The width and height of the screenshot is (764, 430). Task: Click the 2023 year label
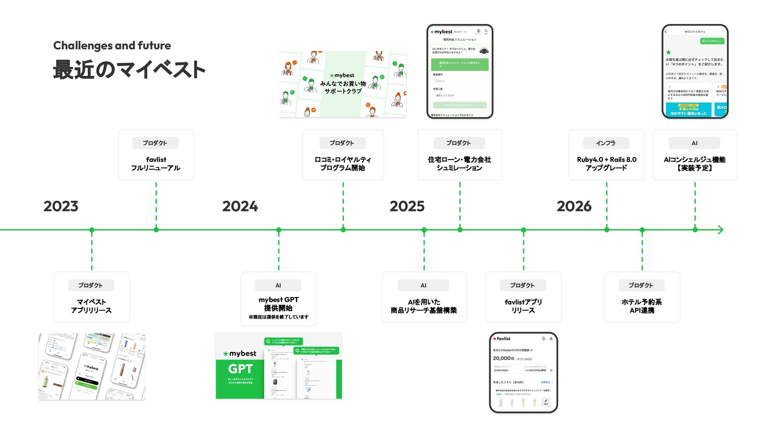(61, 206)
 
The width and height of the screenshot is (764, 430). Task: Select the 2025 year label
(407, 206)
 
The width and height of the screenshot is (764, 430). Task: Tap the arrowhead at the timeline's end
(720, 230)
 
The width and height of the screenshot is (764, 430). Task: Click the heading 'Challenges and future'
(112, 45)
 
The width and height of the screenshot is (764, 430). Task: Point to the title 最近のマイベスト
(129, 70)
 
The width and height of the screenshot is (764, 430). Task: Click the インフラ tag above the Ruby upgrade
(606, 143)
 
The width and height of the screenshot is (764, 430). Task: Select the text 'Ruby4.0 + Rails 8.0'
(606, 159)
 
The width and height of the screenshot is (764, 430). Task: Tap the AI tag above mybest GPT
(278, 285)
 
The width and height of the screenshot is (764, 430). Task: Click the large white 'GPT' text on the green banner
(240, 369)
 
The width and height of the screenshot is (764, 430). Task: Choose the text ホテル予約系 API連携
(641, 306)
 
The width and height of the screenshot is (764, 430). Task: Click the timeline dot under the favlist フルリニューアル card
(156, 230)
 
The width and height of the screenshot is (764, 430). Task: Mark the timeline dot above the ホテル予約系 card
(642, 230)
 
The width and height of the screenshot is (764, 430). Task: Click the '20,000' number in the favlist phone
(501, 358)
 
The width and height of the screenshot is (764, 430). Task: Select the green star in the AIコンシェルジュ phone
(668, 52)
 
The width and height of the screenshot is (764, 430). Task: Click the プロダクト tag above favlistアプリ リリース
(522, 285)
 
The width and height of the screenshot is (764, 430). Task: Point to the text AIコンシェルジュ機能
(694, 159)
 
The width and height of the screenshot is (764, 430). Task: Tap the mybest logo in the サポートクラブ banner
(342, 75)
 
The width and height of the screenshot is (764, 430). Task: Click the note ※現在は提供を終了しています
(278, 317)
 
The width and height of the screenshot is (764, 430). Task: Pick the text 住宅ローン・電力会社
(459, 159)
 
